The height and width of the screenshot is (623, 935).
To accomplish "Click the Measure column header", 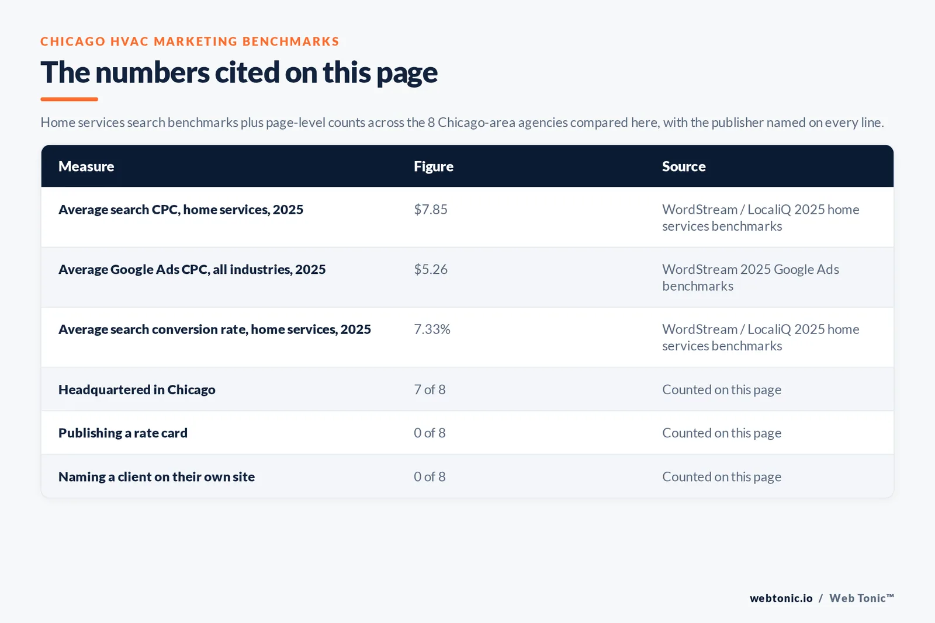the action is [x=86, y=166].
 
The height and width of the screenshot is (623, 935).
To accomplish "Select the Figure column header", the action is [x=433, y=166].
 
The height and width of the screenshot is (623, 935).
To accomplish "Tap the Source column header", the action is [x=684, y=166].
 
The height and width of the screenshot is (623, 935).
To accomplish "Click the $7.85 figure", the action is [x=430, y=210].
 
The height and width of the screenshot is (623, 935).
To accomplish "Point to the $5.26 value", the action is [x=430, y=269].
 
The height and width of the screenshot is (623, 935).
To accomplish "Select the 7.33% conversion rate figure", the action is [x=432, y=329].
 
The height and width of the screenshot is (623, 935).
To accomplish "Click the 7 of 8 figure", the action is [x=430, y=389].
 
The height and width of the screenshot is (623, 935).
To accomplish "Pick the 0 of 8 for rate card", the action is [x=430, y=433].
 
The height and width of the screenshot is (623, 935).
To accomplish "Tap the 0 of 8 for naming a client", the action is [x=430, y=476].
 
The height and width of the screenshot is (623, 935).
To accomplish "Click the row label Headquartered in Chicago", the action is [x=137, y=389].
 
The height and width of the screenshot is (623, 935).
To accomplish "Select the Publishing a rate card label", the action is [x=123, y=433].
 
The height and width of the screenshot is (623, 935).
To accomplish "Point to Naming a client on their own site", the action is [x=157, y=476].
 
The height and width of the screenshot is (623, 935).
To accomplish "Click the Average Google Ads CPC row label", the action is [x=192, y=269].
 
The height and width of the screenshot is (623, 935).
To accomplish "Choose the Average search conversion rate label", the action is [x=214, y=329].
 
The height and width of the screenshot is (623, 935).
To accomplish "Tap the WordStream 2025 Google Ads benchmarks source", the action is [x=750, y=278].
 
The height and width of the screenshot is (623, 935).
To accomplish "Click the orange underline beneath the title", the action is [x=70, y=99].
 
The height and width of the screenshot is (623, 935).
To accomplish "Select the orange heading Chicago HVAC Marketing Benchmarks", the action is [x=189, y=41].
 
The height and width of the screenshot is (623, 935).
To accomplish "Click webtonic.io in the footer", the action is [x=781, y=598].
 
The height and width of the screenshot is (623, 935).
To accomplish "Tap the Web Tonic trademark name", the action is [x=861, y=598].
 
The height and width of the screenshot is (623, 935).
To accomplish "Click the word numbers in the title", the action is [x=153, y=72].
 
